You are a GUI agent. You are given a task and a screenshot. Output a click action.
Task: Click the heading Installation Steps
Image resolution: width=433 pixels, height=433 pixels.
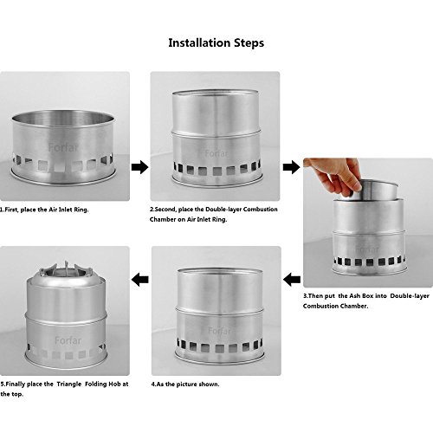[x=216, y=43]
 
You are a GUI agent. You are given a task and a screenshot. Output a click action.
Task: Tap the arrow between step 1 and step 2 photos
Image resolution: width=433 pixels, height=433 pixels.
[x=140, y=167]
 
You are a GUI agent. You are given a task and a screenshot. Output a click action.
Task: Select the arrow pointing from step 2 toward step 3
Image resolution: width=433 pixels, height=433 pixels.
[x=292, y=167]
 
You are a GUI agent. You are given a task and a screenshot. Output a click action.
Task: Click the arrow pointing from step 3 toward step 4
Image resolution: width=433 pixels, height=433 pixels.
[x=292, y=280]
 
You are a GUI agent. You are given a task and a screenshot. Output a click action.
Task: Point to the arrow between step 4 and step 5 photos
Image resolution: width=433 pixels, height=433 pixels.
[x=140, y=280]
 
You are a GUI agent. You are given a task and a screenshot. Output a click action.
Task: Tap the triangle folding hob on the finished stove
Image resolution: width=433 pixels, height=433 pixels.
[x=67, y=271]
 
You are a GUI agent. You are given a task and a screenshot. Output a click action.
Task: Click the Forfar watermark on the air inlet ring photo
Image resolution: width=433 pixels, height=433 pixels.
[x=63, y=147]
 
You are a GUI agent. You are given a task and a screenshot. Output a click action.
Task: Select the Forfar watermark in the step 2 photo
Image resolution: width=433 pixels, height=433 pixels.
[x=216, y=153]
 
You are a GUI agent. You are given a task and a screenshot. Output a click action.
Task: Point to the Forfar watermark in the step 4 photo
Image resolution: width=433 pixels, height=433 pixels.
[x=219, y=331]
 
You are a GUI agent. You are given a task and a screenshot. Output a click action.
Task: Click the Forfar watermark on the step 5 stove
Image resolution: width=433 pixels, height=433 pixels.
[x=68, y=340]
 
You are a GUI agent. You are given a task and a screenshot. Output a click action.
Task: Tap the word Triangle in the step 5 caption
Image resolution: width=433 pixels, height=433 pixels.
[x=69, y=385]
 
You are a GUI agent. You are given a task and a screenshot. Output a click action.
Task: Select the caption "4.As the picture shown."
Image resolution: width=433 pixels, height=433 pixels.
[x=185, y=385]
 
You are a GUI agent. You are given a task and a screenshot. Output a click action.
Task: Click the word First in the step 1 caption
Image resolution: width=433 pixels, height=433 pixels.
[x=11, y=210]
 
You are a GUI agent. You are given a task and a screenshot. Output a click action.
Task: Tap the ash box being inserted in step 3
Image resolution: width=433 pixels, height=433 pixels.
[x=375, y=190]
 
